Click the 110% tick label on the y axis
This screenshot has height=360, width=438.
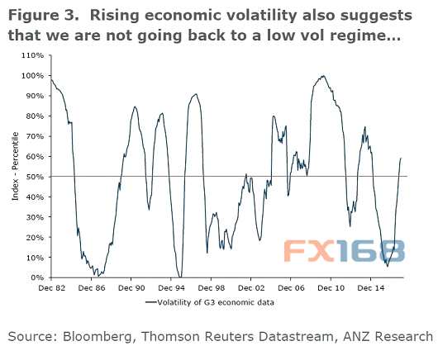(x=33, y=55)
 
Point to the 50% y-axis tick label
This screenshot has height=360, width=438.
(x=35, y=177)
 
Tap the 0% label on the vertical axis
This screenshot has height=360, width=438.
(x=37, y=277)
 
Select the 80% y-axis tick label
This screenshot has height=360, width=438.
(x=35, y=116)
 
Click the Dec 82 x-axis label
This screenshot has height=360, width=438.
(x=52, y=287)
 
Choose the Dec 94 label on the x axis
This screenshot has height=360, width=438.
(x=171, y=287)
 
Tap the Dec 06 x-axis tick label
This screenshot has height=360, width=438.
(x=291, y=287)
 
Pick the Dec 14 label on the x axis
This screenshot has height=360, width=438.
(x=371, y=287)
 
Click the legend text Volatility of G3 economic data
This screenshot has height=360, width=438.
(x=216, y=302)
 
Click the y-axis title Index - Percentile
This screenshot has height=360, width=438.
(x=15, y=166)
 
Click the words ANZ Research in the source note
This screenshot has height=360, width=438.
(x=388, y=336)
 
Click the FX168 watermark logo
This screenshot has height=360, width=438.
(x=345, y=251)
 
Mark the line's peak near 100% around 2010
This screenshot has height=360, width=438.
(x=323, y=76)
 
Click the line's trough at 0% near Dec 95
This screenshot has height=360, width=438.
(x=180, y=277)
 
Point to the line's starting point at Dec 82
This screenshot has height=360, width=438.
(x=51, y=79)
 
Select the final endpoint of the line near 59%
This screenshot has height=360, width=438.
(x=401, y=159)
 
